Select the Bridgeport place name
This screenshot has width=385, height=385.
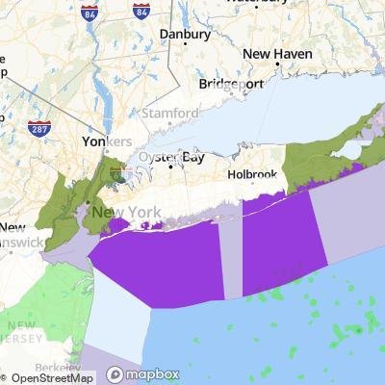coord(230,84)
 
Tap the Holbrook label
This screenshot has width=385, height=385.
coord(252,175)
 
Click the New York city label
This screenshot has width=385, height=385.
coord(121,211)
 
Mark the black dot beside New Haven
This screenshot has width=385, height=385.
coord(277,64)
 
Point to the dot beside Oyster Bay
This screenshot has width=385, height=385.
coord(171,166)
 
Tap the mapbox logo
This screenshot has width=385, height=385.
coord(143,374)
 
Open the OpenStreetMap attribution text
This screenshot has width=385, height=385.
coord(50,376)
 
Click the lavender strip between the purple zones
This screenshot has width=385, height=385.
coord(232,260)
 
